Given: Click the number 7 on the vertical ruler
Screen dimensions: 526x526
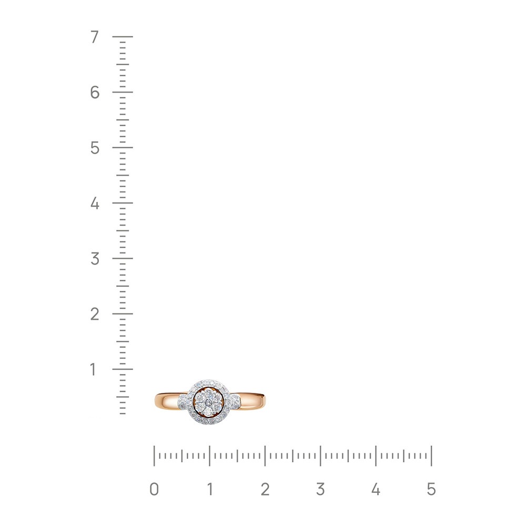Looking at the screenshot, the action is (95, 37).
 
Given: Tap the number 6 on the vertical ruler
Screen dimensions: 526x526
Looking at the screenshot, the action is (95, 92).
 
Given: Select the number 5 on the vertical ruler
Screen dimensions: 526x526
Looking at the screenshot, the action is (95, 148).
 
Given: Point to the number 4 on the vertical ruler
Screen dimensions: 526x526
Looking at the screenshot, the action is (95, 203).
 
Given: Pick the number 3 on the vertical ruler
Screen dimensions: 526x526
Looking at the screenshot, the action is (95, 259).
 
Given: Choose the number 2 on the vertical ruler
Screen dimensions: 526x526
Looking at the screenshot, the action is (95, 314).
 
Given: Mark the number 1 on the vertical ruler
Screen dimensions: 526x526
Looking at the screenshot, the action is (94, 369).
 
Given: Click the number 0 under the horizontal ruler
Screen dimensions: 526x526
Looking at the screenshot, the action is (154, 489).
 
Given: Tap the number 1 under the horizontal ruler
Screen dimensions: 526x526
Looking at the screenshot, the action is (210, 489).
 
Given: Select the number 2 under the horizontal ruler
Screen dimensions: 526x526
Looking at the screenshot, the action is (265, 489).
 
